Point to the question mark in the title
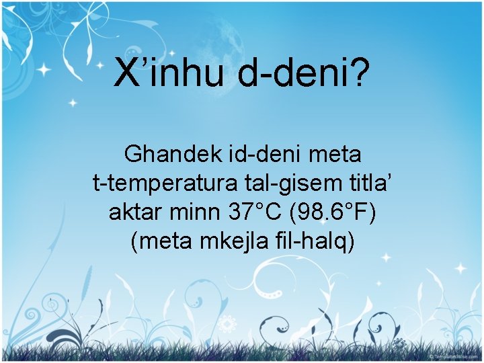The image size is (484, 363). [360, 73]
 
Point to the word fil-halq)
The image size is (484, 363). [317, 241]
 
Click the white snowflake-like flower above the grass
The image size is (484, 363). [228, 321]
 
